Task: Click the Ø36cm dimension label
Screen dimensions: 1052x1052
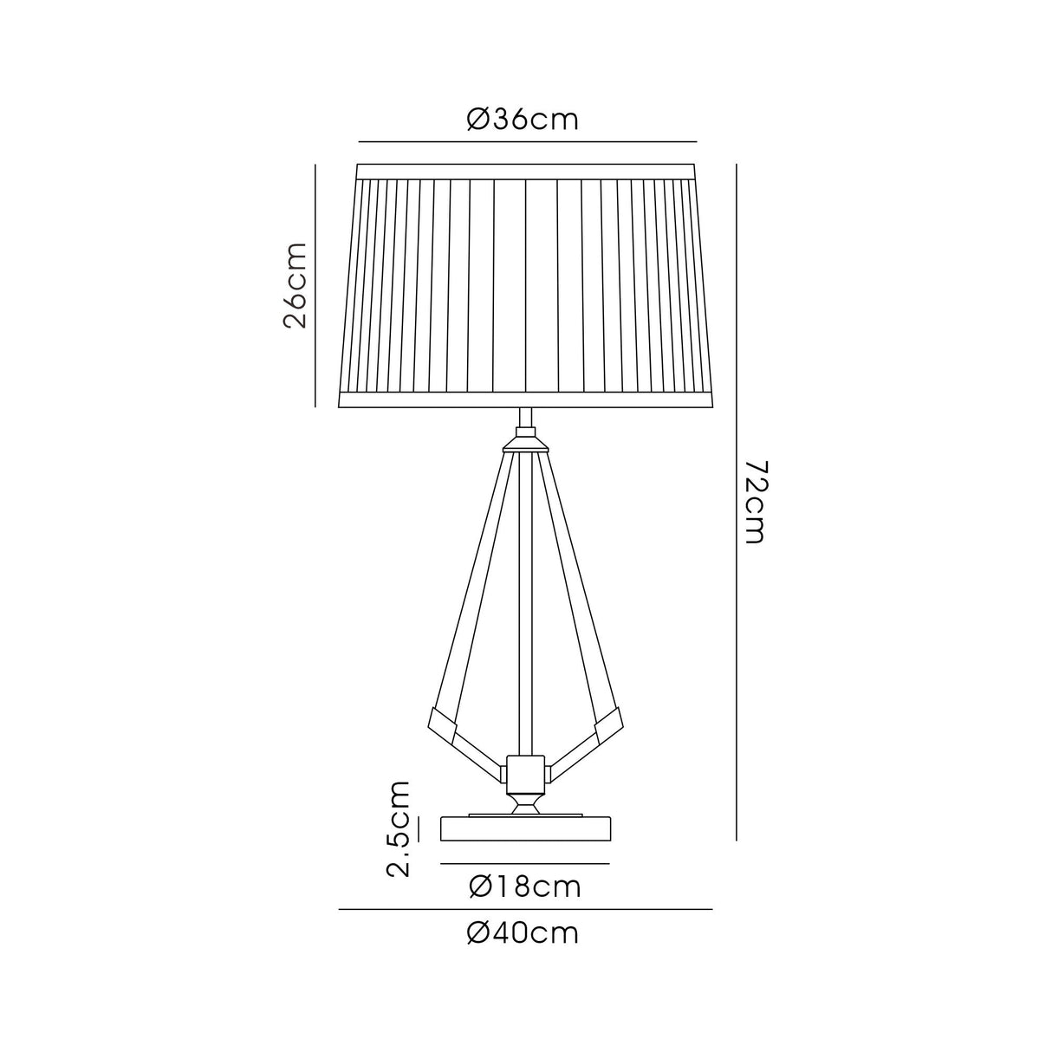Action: [522, 120]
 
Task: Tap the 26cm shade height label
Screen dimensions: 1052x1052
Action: [296, 285]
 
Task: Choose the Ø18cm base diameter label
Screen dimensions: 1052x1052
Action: [523, 887]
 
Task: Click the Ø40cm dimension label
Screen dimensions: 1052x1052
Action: [523, 933]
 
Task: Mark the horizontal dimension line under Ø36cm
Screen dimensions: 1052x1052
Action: [527, 141]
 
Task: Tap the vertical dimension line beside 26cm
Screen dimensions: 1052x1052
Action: [315, 285]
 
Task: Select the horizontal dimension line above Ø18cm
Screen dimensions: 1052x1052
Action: [524, 864]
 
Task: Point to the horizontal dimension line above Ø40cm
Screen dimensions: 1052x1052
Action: [524, 910]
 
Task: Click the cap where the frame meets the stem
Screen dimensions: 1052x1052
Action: [524, 443]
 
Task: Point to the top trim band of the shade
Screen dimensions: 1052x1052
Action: [527, 170]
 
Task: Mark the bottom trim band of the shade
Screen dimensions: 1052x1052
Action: [525, 400]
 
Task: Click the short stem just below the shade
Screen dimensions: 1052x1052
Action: [524, 420]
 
